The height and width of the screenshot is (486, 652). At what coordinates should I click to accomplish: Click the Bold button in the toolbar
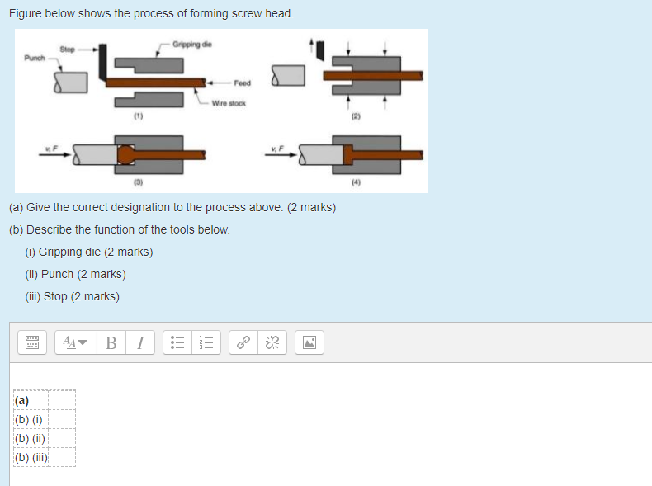click(x=111, y=342)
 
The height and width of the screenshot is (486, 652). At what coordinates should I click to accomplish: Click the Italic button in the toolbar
click(x=140, y=342)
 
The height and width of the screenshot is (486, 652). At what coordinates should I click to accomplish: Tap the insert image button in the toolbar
click(x=309, y=342)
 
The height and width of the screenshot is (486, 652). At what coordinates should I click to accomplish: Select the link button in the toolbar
click(x=243, y=342)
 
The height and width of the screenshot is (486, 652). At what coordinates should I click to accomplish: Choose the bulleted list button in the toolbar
click(x=177, y=342)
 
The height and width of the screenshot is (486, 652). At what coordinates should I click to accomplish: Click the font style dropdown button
click(x=74, y=342)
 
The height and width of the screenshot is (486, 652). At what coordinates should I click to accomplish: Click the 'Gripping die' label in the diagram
click(x=191, y=44)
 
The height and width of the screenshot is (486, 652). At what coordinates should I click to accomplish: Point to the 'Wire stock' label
click(x=229, y=103)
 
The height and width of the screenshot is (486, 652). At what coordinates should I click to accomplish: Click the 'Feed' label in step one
click(x=242, y=83)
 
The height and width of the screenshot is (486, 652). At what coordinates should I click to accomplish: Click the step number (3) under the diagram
click(x=139, y=181)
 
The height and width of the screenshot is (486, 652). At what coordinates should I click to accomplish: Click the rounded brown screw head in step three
click(x=125, y=153)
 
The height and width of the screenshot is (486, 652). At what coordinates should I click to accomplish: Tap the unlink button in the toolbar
click(x=272, y=342)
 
